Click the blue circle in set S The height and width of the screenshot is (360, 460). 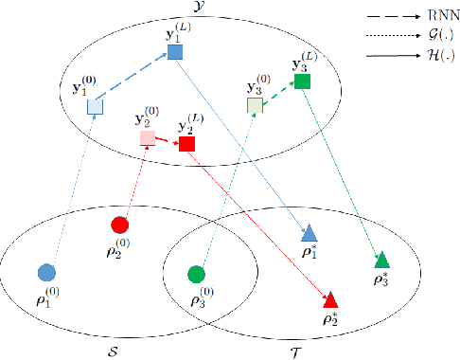45,273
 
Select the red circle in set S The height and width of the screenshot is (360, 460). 119,225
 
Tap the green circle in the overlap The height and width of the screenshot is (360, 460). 197,274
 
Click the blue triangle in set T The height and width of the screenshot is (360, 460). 310,233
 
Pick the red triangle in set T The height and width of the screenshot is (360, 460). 330,299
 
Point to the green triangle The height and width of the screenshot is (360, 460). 381,260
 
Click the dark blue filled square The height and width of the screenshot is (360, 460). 174,51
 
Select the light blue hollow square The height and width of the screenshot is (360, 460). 95,107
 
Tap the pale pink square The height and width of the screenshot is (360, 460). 148,139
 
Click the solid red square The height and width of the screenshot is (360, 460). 186,144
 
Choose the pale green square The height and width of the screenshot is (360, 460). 255,105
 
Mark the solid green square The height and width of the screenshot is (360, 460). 302,82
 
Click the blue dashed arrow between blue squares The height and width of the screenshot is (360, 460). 134,79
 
